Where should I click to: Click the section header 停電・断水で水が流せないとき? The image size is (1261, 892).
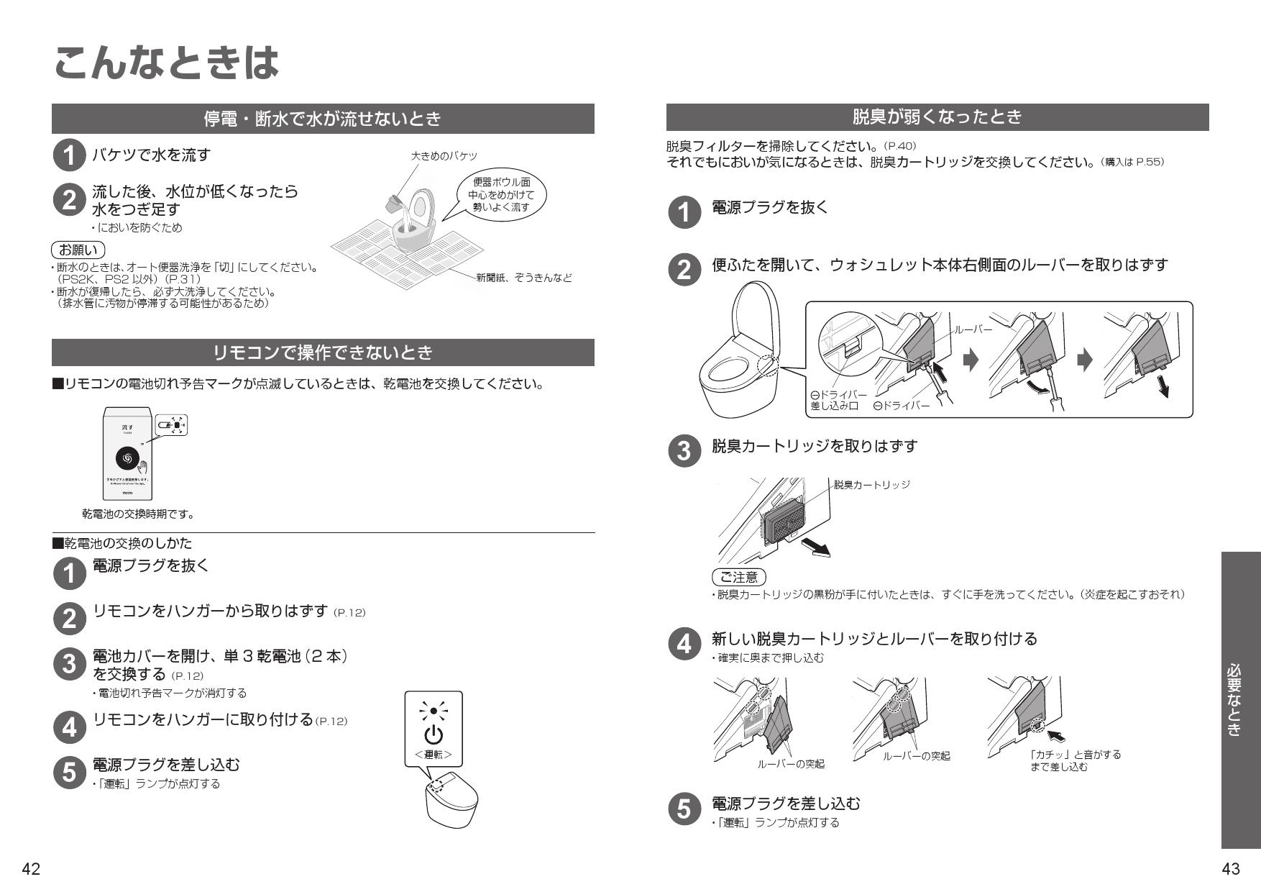coord(323,119)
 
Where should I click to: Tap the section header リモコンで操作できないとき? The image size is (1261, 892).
coord(323,352)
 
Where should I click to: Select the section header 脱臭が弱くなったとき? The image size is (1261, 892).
coord(937,117)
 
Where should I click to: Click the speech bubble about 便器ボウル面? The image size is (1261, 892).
coord(501,195)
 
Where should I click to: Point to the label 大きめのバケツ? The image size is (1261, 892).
coord(444,156)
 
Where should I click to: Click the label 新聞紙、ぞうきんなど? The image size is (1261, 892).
coord(524,278)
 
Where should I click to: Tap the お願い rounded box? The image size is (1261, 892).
coord(78,250)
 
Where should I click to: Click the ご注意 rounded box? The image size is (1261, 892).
coord(738,577)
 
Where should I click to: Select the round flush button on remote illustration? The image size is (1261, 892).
coord(127,458)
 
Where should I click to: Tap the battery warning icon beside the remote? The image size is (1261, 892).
coord(172,425)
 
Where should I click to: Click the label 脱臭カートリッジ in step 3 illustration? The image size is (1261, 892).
coord(871,485)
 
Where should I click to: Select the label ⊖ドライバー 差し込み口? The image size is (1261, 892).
coord(838,401)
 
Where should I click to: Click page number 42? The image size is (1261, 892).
coord(30,869)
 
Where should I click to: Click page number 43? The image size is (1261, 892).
coord(1230,869)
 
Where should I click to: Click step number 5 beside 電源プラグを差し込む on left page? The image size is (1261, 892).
coord(69,773)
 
